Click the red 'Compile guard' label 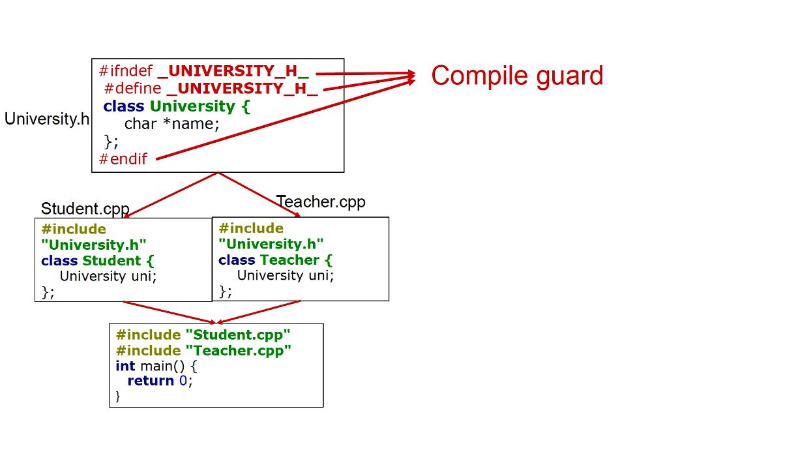tap(517, 76)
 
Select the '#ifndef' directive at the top tap(125, 70)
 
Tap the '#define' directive tap(132, 88)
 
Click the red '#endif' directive tap(123, 158)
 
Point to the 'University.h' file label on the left tap(46, 119)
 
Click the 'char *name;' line tap(171, 123)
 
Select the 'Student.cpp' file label tap(85, 209)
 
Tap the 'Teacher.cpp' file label tap(321, 202)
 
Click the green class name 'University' tap(192, 106)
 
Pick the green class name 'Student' tap(111, 260)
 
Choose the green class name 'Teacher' tap(289, 260)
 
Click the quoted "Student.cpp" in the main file tap(238, 335)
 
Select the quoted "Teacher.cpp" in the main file tap(238, 351)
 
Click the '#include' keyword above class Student tap(73, 229)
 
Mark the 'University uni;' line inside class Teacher tap(284, 275)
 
